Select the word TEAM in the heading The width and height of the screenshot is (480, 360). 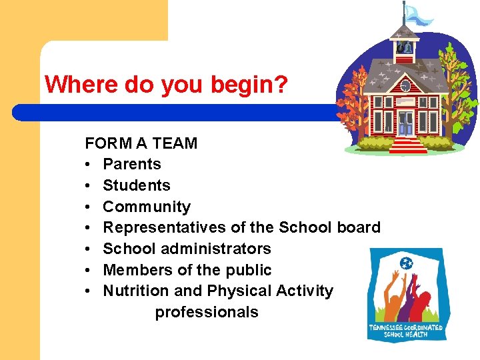pos(174,143)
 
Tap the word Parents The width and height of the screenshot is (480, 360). pos(132,164)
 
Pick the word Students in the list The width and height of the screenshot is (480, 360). pos(137,185)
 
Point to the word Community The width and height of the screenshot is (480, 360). pos(147,207)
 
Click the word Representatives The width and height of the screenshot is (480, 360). pos(165,227)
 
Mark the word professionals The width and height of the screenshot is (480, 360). pos(207,312)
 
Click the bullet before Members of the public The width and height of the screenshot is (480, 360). pos(89,270)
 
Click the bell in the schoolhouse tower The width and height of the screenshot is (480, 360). pos(405,47)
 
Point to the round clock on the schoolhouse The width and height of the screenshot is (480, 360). pos(405,85)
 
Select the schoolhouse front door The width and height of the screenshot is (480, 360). pos(405,124)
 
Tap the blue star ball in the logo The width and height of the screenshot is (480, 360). pos(406,264)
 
